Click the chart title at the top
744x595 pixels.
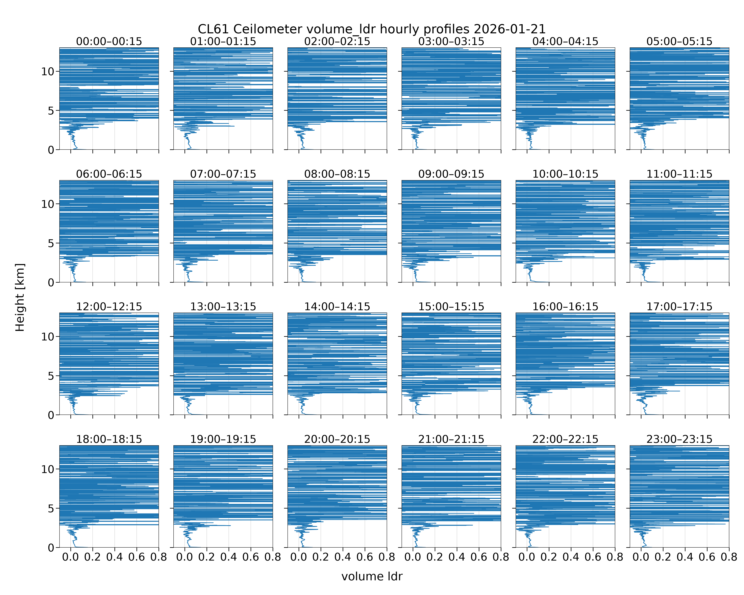point(372,29)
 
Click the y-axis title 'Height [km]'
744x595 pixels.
point(20,297)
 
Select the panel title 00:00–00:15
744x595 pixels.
point(109,41)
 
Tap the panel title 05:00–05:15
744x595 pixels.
point(679,41)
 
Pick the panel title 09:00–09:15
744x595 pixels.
point(451,174)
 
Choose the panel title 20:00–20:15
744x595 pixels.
point(337,439)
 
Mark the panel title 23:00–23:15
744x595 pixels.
point(679,439)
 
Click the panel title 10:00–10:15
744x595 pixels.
point(565,174)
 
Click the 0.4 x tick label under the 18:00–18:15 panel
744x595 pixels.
point(114,557)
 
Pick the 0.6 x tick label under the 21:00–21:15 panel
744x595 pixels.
point(479,557)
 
